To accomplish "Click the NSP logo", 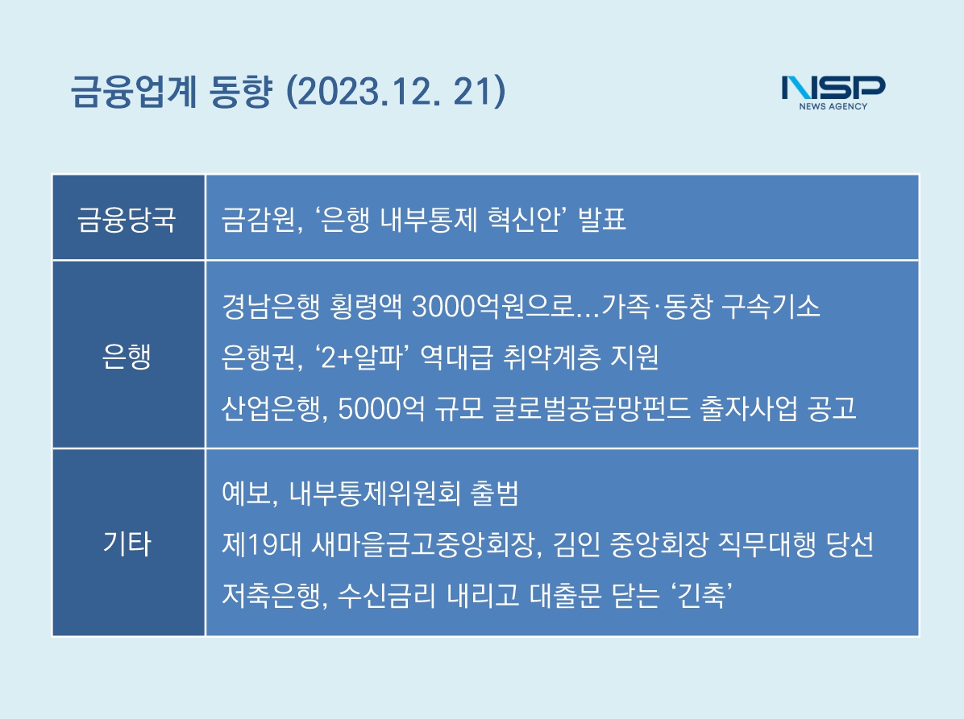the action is click(833, 93).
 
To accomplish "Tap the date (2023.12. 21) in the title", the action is click(396, 92).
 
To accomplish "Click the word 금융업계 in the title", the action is click(134, 92).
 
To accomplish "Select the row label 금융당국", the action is click(127, 219).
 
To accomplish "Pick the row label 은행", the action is click(127, 356).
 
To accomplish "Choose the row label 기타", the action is click(127, 543).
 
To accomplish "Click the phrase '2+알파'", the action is click(363, 357).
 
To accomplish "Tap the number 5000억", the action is click(382, 408).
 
